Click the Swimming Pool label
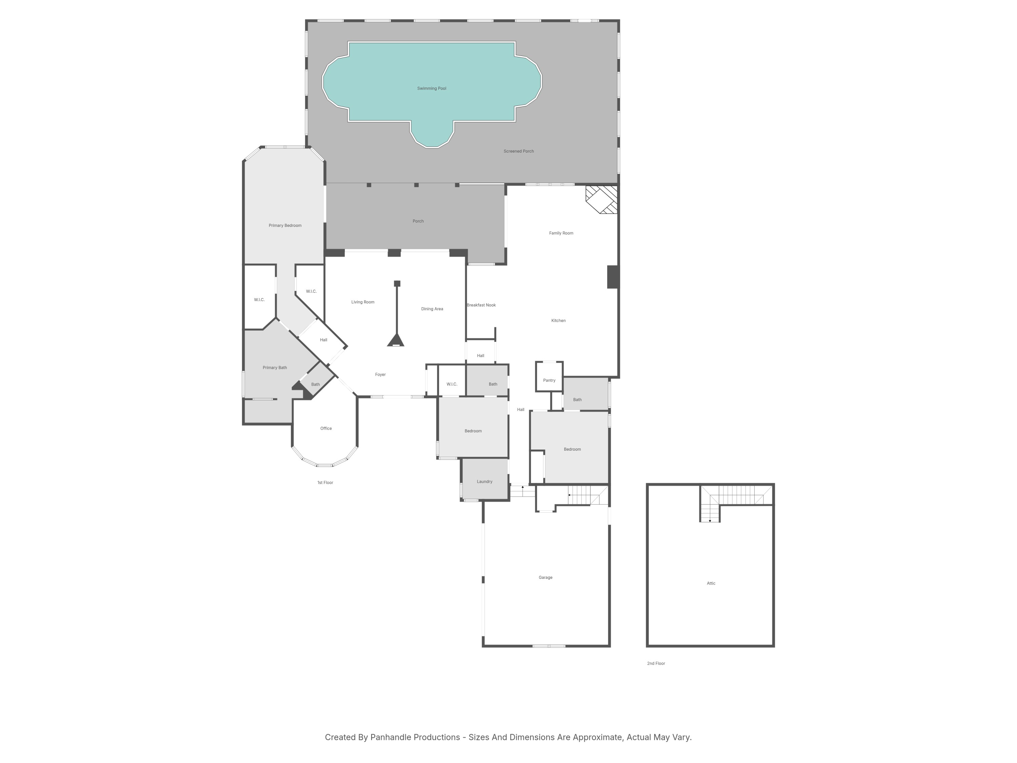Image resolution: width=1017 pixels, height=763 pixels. click(x=431, y=88)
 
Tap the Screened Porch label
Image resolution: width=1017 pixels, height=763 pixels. click(x=518, y=151)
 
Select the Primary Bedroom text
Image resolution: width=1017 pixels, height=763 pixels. click(x=285, y=226)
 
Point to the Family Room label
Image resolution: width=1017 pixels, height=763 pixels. click(x=561, y=233)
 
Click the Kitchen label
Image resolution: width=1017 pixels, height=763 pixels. click(x=558, y=320)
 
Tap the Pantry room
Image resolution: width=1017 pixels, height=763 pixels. click(x=549, y=380)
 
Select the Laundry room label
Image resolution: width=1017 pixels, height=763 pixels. click(x=484, y=482)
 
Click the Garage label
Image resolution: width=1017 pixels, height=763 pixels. click(x=545, y=578)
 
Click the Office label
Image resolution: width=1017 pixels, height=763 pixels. click(x=326, y=429)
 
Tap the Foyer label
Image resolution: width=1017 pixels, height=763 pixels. click(x=380, y=375)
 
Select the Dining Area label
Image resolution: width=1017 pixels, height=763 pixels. click(x=432, y=309)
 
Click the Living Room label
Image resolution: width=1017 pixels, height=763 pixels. click(x=363, y=302)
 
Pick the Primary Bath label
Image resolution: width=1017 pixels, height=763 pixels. click(x=275, y=368)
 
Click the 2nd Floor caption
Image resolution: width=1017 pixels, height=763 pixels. click(x=656, y=664)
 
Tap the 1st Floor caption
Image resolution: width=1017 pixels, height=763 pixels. click(x=325, y=483)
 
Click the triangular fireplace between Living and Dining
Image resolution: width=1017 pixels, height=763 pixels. click(x=395, y=340)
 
